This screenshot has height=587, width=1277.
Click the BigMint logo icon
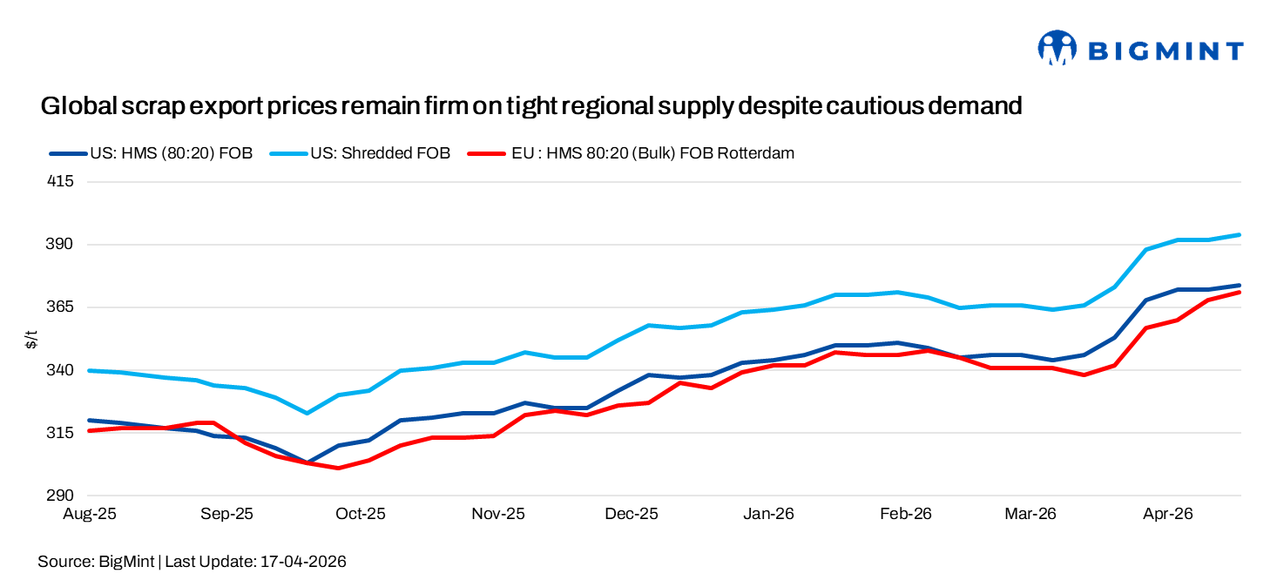point(1057,49)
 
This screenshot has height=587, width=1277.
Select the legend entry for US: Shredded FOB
point(378,153)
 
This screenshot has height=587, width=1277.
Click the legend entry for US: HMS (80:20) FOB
point(171,153)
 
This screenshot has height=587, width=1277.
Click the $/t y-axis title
point(31,339)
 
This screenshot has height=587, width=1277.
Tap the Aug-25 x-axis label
point(90,514)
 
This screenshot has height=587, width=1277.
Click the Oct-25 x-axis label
point(361,514)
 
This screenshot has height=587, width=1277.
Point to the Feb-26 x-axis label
point(906,514)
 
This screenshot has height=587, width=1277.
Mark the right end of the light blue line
point(1240,234)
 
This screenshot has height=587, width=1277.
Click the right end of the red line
point(1240,292)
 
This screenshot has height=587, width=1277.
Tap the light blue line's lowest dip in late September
point(306,413)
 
